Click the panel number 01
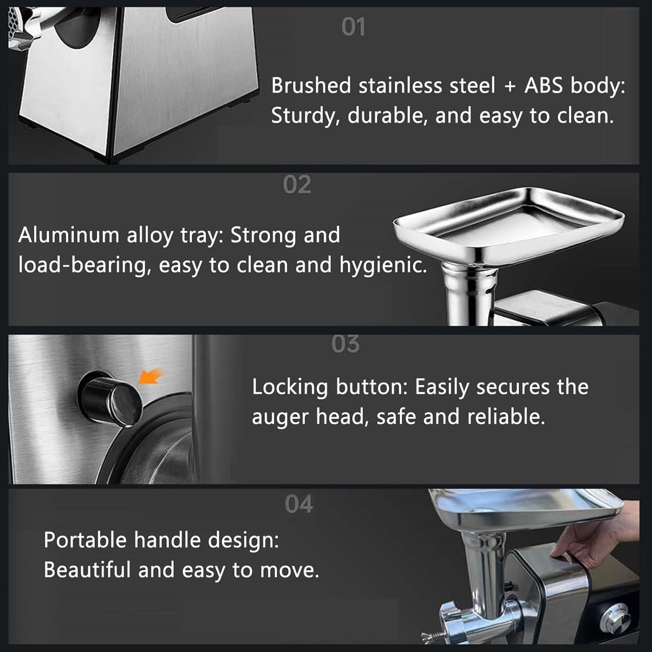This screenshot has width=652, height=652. click(353, 27)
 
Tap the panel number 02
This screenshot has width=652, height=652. click(297, 185)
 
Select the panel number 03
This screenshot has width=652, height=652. click(346, 344)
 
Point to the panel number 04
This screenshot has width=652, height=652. click(299, 504)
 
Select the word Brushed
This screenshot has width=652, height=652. click(311, 86)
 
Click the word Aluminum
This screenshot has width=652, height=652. click(69, 235)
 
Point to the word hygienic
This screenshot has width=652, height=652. click(383, 266)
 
